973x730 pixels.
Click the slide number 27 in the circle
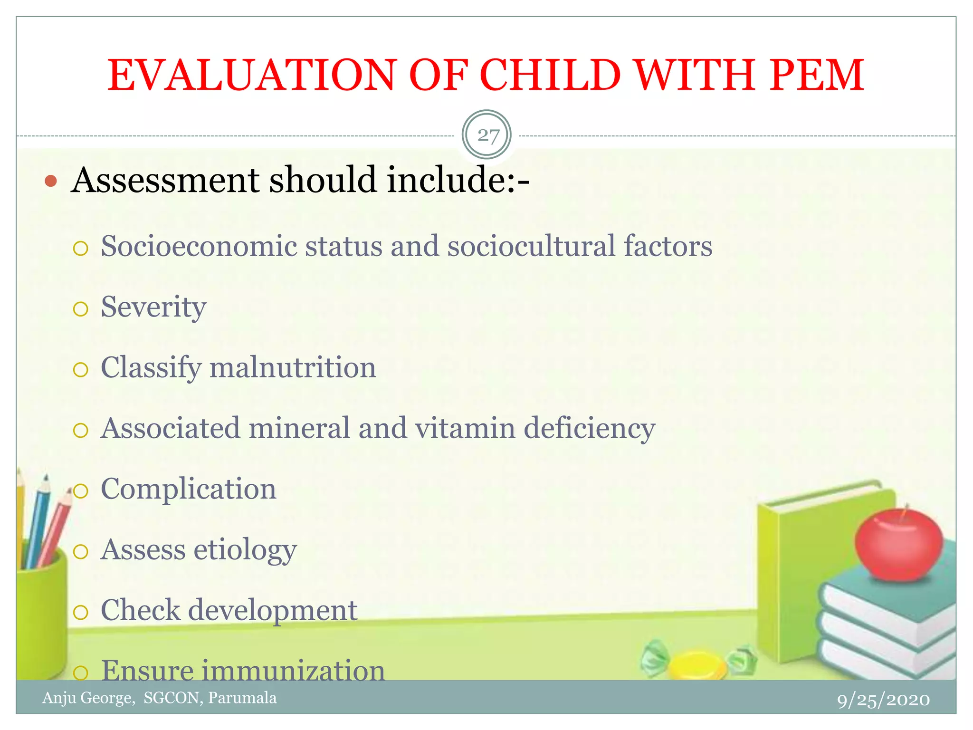point(487,135)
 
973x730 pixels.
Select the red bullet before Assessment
point(51,181)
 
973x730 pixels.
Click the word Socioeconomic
point(199,246)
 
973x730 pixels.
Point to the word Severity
point(153,307)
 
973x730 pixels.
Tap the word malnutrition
point(293,368)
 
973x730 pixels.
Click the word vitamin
point(465,428)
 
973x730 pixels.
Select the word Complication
point(188,489)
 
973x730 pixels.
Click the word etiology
point(245,550)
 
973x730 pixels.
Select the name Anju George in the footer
point(88,698)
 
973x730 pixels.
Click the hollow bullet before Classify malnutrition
point(81,370)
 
